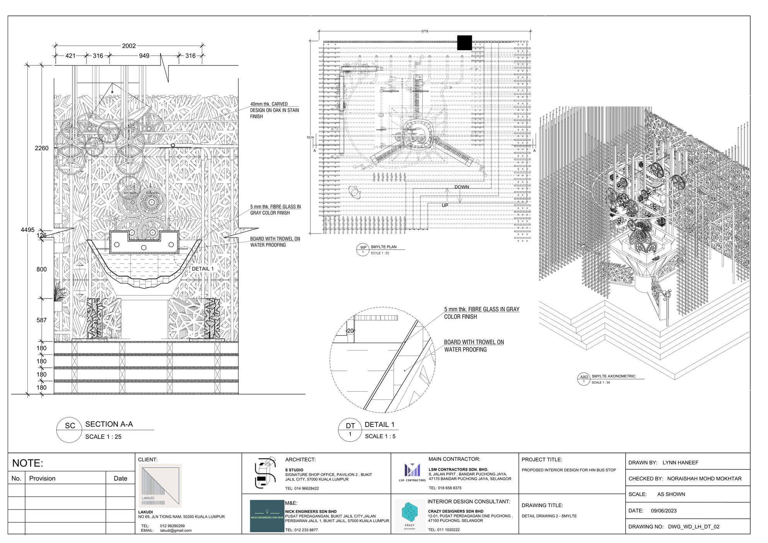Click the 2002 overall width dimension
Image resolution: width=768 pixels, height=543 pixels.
[129, 46]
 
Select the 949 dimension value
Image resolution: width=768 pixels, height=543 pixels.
[144, 56]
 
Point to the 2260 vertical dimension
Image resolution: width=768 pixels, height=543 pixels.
[41, 148]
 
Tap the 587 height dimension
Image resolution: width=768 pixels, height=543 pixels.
[41, 320]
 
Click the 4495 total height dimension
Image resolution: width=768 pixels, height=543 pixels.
[27, 230]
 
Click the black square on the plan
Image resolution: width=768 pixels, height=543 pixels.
[464, 43]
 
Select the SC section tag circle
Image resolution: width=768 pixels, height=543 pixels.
[70, 430]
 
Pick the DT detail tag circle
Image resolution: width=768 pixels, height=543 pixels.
[350, 430]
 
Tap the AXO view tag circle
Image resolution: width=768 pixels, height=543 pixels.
[584, 379]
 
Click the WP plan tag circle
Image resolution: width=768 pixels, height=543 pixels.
[363, 250]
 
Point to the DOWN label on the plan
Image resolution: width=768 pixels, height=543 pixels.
[462, 187]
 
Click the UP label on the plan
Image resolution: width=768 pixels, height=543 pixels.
[445, 205]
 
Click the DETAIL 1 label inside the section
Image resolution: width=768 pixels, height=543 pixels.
[203, 269]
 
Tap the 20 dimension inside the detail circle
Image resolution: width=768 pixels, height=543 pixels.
[350, 331]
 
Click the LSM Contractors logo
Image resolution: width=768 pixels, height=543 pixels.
[412, 472]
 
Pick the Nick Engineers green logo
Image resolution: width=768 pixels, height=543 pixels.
[267, 516]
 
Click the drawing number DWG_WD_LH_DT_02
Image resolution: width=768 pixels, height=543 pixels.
[693, 527]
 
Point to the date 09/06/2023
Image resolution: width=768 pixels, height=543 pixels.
[664, 511]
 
